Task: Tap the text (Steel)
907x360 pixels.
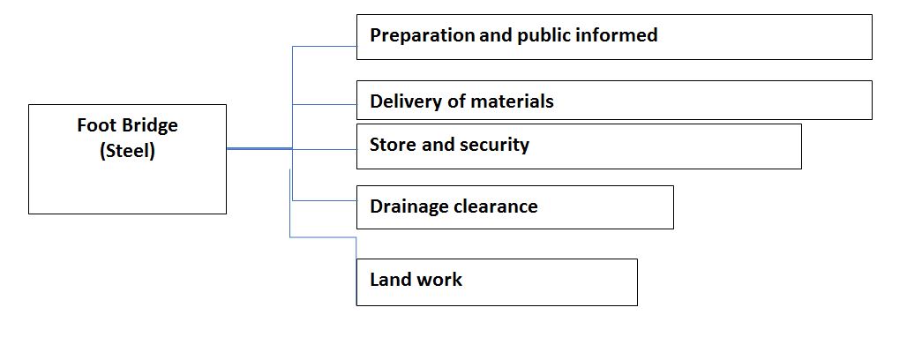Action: tap(127, 151)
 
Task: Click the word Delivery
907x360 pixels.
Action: tap(403, 101)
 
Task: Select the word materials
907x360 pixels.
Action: tap(511, 101)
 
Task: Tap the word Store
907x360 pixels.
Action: tap(394, 144)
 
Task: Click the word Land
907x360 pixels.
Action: tap(389, 280)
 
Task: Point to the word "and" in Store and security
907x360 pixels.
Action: tap(438, 144)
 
